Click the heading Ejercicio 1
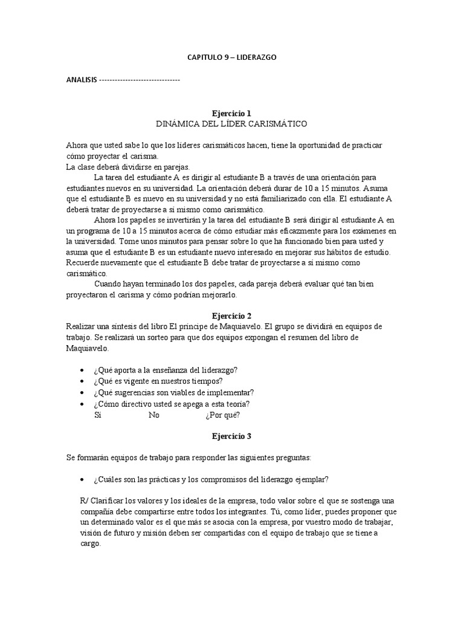click(x=231, y=113)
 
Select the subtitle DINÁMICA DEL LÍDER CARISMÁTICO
click(x=231, y=123)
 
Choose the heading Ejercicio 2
click(x=231, y=316)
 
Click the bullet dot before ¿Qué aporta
click(x=82, y=370)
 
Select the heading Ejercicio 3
click(x=231, y=435)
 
